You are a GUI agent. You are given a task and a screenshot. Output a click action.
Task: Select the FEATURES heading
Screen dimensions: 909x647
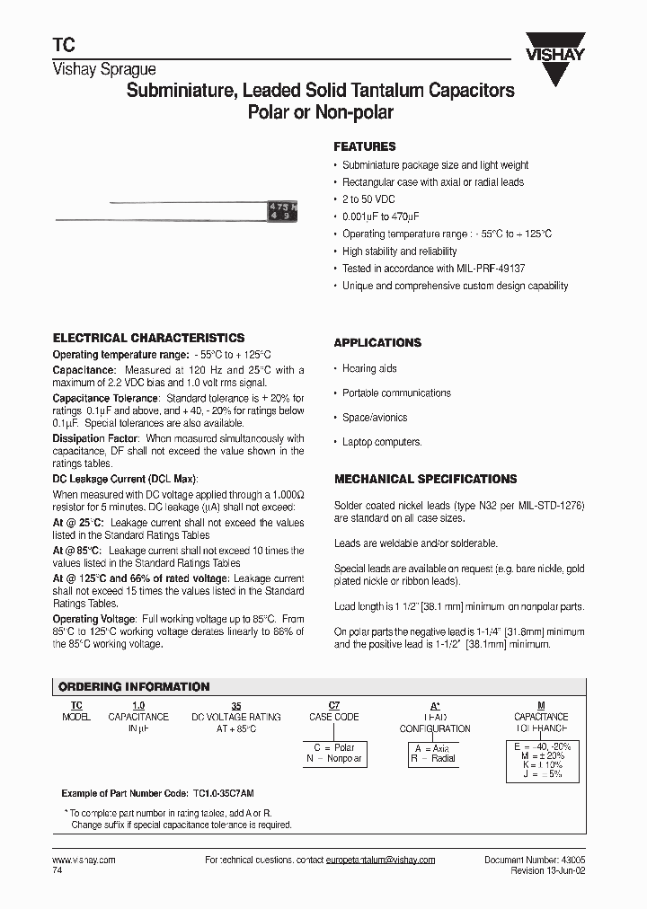click(364, 146)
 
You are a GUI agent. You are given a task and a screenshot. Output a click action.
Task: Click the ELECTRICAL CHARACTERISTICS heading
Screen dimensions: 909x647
click(148, 338)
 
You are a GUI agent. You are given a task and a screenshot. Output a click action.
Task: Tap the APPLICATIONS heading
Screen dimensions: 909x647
click(377, 343)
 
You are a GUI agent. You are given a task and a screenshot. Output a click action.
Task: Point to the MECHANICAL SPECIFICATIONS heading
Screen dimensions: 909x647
click(425, 480)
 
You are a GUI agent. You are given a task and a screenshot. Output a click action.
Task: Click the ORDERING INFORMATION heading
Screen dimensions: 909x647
click(134, 687)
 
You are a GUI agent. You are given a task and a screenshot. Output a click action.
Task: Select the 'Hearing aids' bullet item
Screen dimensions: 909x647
click(369, 368)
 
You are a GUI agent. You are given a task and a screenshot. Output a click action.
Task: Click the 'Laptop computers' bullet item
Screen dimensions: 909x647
click(382, 442)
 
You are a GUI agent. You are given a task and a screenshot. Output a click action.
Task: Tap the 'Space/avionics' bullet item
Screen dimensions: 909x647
click(375, 418)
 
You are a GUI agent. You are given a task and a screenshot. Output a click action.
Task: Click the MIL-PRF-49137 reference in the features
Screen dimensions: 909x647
click(486, 269)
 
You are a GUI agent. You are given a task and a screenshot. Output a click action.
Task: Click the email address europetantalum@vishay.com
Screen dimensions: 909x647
click(380, 860)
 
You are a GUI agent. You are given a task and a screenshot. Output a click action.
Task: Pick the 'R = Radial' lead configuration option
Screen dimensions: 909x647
click(435, 758)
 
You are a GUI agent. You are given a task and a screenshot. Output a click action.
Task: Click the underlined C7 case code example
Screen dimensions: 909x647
click(334, 706)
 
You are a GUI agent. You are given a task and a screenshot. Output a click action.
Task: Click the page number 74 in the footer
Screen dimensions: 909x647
click(58, 870)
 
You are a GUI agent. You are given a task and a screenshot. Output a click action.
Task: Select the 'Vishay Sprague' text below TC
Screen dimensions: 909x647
click(104, 69)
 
